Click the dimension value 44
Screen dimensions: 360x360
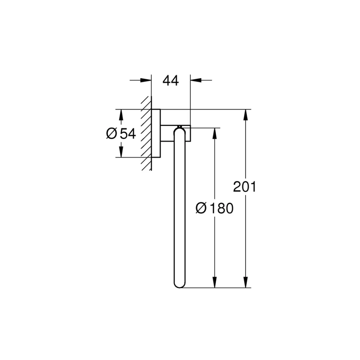(171, 80)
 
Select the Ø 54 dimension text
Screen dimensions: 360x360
(121, 134)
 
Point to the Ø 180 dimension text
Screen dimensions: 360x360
(214, 208)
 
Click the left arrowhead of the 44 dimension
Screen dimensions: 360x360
(146, 80)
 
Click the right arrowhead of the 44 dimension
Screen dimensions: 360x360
(196, 80)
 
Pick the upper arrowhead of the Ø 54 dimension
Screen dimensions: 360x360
(121, 115)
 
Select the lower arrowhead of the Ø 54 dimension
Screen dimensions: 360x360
(121, 152)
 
